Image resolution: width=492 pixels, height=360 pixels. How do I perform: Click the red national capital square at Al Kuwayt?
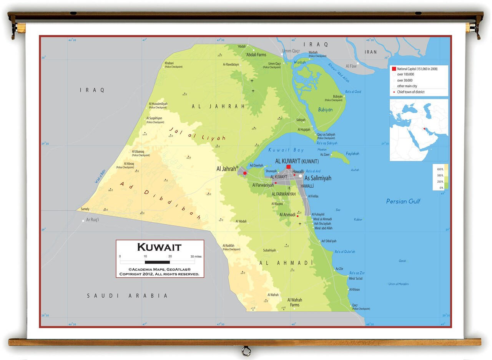(x=288, y=167)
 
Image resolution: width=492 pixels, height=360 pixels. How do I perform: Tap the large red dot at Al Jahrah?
(x=245, y=173)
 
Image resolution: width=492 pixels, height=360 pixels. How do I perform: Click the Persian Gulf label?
(x=403, y=201)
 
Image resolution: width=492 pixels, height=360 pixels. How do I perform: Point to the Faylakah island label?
(x=352, y=154)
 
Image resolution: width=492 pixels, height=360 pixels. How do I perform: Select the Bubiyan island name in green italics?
(x=325, y=110)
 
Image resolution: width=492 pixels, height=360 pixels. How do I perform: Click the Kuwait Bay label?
(x=286, y=150)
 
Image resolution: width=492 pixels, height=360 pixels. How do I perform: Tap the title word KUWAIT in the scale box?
(x=159, y=247)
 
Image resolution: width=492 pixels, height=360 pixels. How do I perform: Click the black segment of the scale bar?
(x=157, y=262)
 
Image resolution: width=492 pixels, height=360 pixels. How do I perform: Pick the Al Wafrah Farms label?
(x=295, y=302)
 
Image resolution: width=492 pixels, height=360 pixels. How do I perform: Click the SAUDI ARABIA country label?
(x=127, y=296)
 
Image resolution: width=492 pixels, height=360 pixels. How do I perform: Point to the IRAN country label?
(x=371, y=52)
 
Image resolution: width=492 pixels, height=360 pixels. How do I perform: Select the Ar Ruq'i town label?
(x=93, y=220)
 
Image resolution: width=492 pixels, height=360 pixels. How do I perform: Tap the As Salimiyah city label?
(x=318, y=178)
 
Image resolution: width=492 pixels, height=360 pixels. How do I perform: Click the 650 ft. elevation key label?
(x=440, y=169)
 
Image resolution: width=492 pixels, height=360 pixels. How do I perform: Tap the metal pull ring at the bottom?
(x=246, y=351)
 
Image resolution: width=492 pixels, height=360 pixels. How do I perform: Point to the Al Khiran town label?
(x=355, y=290)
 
